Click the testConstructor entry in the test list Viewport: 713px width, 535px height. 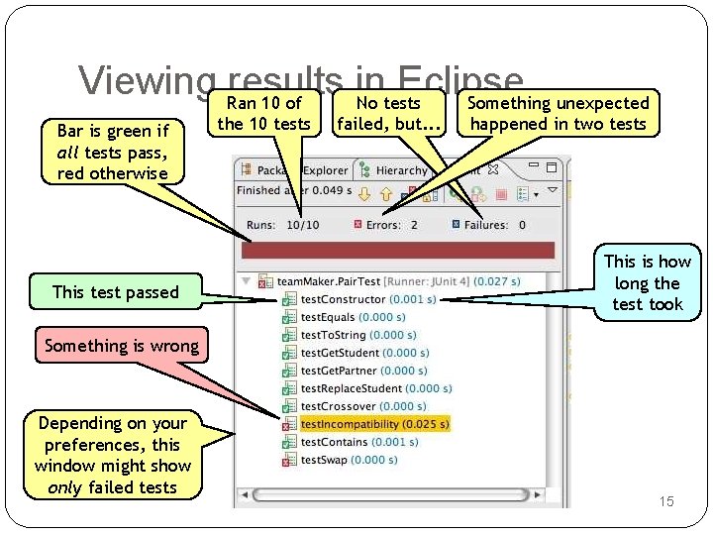point(343,299)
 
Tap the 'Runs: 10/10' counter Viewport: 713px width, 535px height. point(283,225)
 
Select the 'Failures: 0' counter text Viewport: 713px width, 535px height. point(494,225)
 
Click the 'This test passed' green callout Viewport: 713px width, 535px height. point(116,292)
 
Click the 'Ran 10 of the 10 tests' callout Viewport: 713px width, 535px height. point(263,113)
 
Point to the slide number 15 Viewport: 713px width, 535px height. point(666,501)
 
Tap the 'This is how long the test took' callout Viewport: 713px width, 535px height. point(648,282)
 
